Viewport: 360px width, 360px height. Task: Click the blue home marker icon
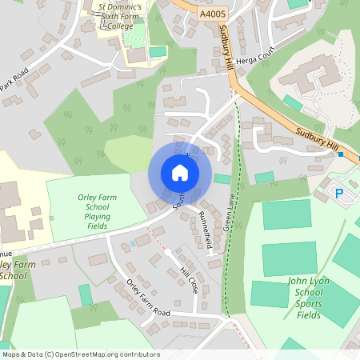(180, 173)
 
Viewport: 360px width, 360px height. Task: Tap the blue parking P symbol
(338, 193)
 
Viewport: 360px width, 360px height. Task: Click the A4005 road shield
(211, 14)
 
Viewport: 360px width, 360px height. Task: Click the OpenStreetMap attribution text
(82, 354)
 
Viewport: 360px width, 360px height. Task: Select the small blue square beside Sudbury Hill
(341, 154)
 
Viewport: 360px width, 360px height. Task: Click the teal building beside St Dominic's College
(158, 52)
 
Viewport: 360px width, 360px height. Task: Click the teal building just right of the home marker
(222, 178)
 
